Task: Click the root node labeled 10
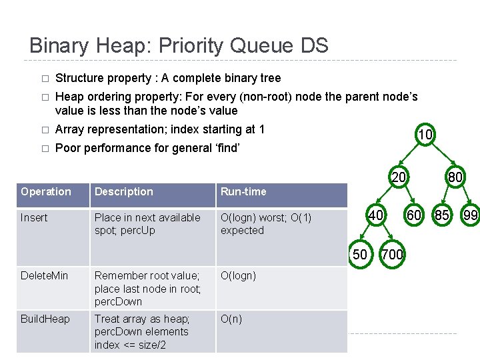[x=425, y=135]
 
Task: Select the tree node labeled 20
[x=399, y=178]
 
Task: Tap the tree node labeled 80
[x=456, y=178]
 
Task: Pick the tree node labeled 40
[x=376, y=215]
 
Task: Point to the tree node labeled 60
[x=414, y=215]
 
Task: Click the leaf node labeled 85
[x=442, y=215]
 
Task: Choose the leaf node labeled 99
[x=471, y=215]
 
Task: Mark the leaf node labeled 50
[x=360, y=254]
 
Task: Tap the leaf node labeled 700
[x=392, y=254]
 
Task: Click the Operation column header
[x=46, y=192]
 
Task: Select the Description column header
[x=124, y=192]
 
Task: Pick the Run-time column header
[x=243, y=192]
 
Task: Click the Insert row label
[x=34, y=217]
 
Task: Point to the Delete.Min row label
[x=44, y=275]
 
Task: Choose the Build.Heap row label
[x=45, y=319]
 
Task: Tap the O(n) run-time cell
[x=231, y=319]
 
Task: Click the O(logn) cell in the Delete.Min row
[x=238, y=275]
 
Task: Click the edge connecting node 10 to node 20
[x=411, y=156]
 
